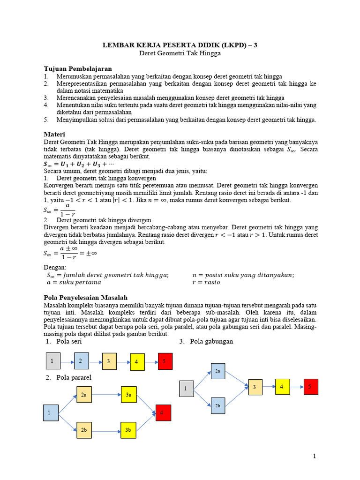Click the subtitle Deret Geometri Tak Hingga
click(180, 53)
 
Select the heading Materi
click(54, 134)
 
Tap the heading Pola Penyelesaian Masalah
click(85, 298)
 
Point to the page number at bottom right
click(315, 456)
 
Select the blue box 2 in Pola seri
click(81, 361)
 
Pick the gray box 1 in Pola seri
click(52, 361)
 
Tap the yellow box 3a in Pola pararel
click(128, 395)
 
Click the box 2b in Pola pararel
click(84, 430)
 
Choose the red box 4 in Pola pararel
click(163, 412)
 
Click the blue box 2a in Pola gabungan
click(218, 371)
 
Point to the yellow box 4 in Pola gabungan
click(282, 387)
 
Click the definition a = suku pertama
click(74, 283)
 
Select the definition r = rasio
click(206, 283)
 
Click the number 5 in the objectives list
click(46, 120)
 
